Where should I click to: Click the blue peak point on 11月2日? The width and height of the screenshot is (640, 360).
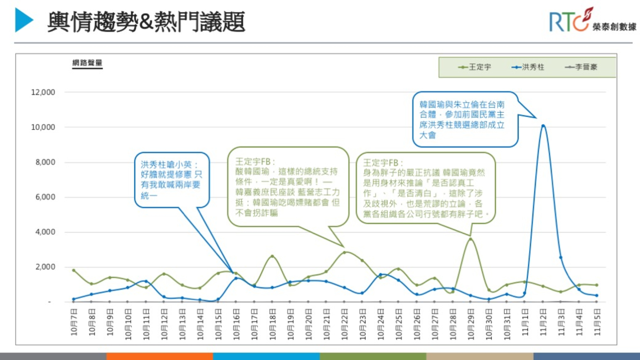pos(543,125)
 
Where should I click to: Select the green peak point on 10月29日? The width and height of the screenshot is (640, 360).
pos(470,239)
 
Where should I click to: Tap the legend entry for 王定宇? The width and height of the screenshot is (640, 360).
pos(475,67)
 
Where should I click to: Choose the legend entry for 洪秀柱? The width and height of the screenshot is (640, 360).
pos(528,67)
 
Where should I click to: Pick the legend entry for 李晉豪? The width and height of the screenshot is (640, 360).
pos(581,67)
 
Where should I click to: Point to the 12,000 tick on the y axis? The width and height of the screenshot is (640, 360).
pos(43,92)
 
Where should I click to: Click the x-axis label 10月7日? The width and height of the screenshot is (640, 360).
pos(74,322)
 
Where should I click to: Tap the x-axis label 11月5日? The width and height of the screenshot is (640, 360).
pos(597,322)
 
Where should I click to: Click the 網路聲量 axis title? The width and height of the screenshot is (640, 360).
pos(87,63)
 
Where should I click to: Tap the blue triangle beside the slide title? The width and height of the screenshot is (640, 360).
pos(23,20)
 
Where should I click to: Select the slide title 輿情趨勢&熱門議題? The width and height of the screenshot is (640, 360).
pos(146,22)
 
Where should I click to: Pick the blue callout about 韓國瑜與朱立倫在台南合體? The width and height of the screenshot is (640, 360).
pos(465,120)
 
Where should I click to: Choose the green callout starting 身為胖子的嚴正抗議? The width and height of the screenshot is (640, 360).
pos(425,188)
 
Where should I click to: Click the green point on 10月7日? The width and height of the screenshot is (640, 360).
pos(74,270)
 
